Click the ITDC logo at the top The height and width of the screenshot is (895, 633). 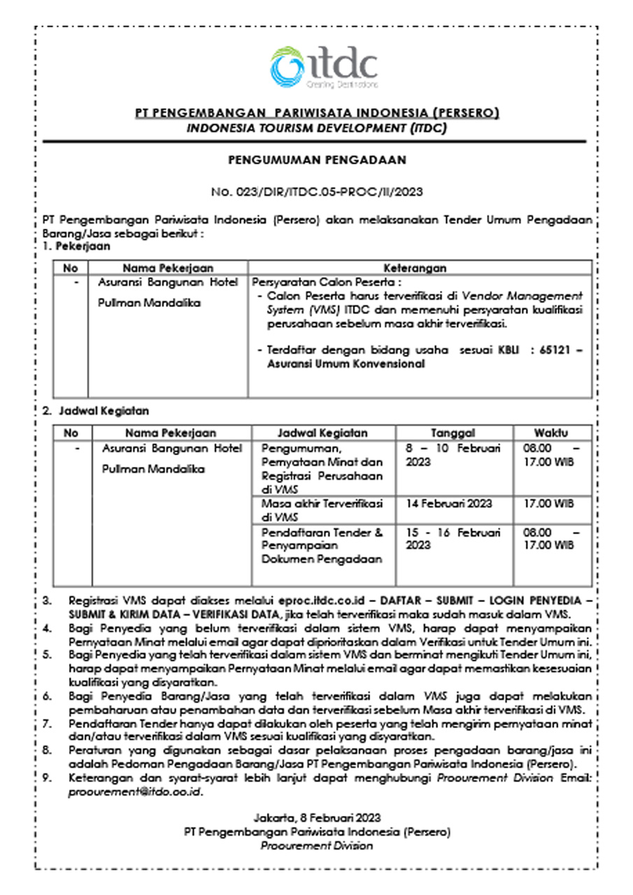click(323, 67)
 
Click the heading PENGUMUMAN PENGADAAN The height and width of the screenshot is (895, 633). click(317, 160)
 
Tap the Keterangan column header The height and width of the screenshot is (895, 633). click(415, 268)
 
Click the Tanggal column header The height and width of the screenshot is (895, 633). click(453, 433)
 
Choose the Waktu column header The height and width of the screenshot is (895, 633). click(551, 433)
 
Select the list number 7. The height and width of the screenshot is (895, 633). click(48, 724)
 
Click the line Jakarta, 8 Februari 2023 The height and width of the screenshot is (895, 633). click(317, 817)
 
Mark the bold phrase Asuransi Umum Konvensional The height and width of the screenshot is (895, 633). click(346, 364)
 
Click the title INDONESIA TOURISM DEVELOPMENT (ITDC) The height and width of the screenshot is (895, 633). click(316, 128)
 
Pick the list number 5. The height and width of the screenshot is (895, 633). click(48, 655)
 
